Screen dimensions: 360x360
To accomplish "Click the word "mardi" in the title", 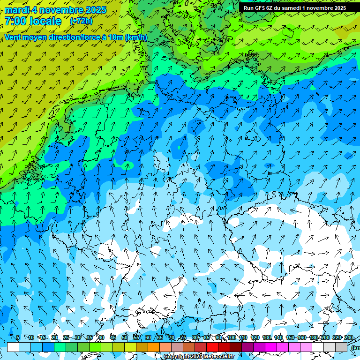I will (16, 10).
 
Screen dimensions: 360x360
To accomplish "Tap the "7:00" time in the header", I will (15, 21).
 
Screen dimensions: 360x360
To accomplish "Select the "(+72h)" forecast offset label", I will (81, 21).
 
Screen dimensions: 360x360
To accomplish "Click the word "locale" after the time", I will (45, 21).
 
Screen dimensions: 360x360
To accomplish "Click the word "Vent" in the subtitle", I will (13, 37).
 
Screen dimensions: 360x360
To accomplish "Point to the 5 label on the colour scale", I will (18, 337).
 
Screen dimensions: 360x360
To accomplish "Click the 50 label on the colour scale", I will (125, 337).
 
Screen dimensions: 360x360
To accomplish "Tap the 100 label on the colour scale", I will (232, 337).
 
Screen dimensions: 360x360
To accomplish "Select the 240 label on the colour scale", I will (349, 337).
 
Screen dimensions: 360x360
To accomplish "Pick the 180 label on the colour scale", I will (314, 337).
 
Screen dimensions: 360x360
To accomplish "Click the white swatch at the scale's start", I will (13, 347).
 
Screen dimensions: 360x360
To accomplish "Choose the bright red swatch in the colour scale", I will (212, 347).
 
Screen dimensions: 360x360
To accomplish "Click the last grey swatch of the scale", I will (341, 347).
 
